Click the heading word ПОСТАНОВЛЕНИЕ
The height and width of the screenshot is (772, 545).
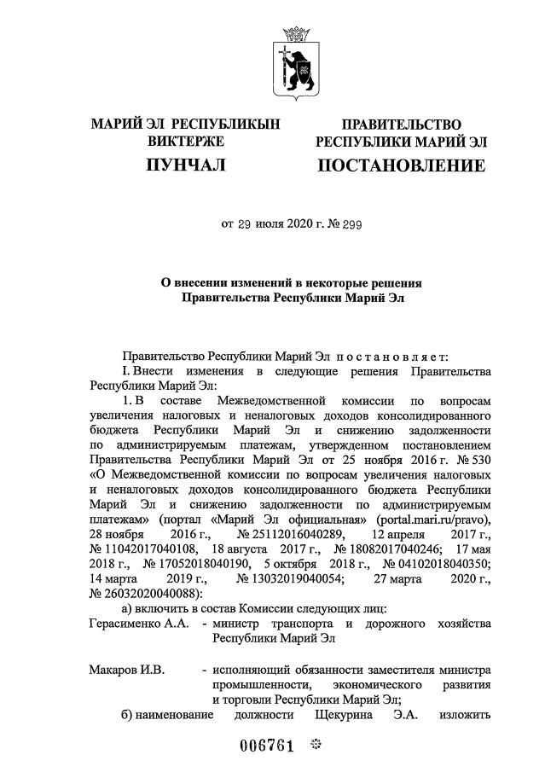click(401, 165)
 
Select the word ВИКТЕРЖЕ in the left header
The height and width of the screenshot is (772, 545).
click(186, 141)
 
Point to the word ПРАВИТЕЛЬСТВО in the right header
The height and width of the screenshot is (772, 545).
click(401, 125)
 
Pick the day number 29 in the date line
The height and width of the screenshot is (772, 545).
click(246, 225)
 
